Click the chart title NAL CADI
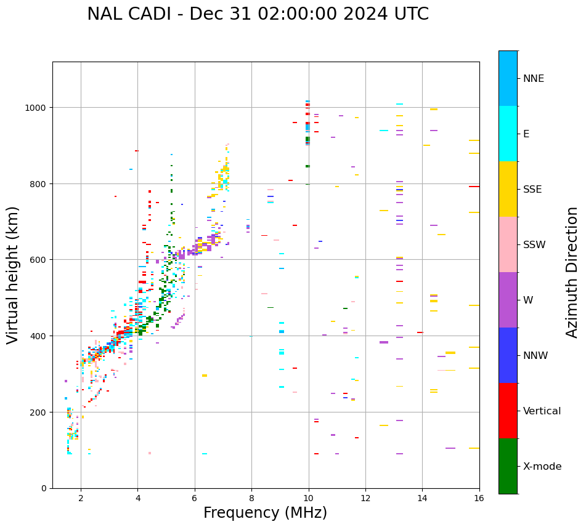(x=126, y=14)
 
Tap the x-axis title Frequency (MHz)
(x=265, y=513)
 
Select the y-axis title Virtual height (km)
(x=13, y=275)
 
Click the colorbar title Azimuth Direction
(x=572, y=272)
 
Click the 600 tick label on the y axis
(x=39, y=260)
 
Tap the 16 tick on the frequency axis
(x=479, y=499)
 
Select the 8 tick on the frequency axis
(x=251, y=499)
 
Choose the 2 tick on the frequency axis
(x=81, y=499)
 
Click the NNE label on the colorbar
(x=534, y=79)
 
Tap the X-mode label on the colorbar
(x=542, y=467)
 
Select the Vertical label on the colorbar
(x=542, y=411)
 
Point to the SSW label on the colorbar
(x=534, y=245)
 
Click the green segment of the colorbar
(x=508, y=466)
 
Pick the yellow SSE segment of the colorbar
(x=508, y=189)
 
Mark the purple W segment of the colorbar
(x=508, y=300)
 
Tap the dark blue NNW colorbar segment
(x=508, y=355)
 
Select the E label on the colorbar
(x=526, y=134)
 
